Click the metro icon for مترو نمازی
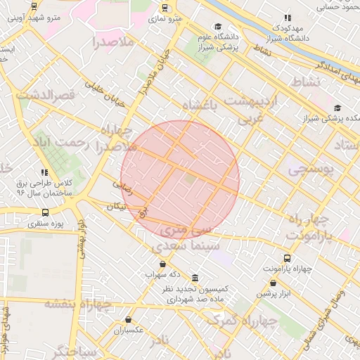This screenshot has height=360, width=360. coord(165,8)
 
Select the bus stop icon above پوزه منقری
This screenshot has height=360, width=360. coord(46,212)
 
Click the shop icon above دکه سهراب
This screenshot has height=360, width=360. coord(162,264)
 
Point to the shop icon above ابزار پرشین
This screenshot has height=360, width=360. coord(273,283)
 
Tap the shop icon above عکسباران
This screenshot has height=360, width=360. coord(128,319)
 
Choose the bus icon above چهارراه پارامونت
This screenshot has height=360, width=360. coord(287,258)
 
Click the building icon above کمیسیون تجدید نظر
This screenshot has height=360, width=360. coord(194,279)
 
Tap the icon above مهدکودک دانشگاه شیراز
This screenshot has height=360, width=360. coord(287,18)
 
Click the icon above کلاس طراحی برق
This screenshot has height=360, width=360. coord(45,172)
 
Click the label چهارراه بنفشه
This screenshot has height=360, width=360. coord(78,304)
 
